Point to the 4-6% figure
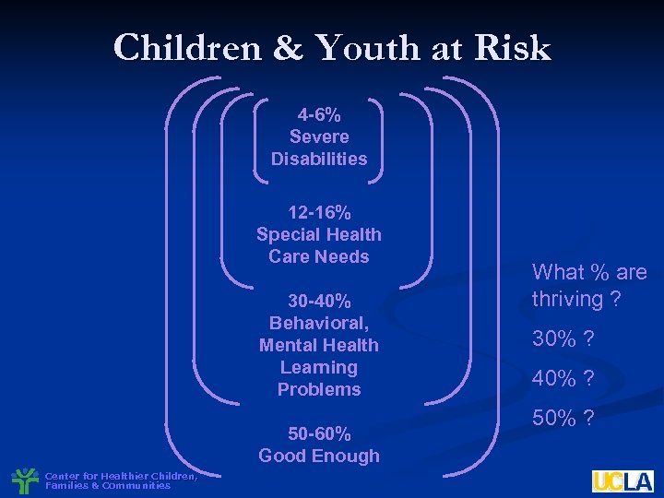(319, 115)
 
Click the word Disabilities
(319, 159)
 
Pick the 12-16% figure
(319, 213)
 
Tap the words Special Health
(319, 235)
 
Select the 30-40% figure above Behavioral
(319, 302)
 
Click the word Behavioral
(319, 323)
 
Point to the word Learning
(319, 367)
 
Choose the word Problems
(319, 389)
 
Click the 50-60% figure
(319, 433)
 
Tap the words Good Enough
(319, 456)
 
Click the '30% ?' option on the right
(563, 339)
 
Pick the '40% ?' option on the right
(563, 378)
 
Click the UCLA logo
(622, 480)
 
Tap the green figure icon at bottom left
(25, 480)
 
